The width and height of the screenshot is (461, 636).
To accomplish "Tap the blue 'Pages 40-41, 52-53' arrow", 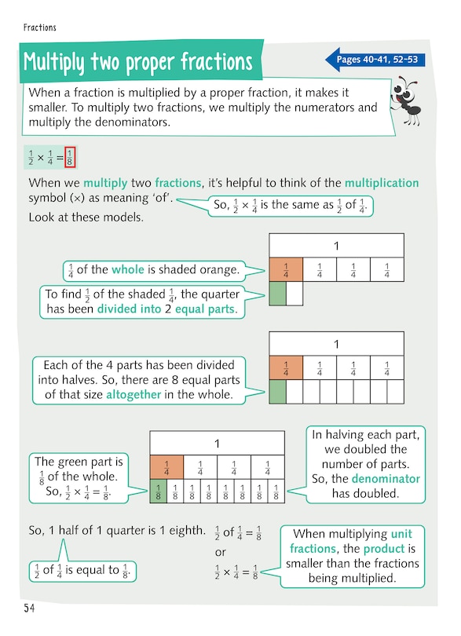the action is (x=375, y=60).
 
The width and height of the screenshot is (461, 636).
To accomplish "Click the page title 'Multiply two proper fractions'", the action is (x=138, y=61).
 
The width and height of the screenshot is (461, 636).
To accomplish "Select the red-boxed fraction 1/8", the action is (x=69, y=156).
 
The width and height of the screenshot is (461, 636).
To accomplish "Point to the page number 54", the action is (x=29, y=608).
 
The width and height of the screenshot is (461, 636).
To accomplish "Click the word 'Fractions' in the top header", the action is (x=40, y=27).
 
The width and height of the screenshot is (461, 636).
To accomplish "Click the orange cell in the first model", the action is (x=285, y=270).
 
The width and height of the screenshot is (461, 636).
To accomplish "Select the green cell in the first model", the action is (x=277, y=294).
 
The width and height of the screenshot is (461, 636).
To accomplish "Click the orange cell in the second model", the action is (x=286, y=368).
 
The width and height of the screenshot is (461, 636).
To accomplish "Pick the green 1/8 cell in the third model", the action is (x=157, y=492).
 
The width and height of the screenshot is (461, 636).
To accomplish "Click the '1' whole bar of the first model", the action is (x=336, y=246).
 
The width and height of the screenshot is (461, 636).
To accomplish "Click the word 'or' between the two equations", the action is (x=221, y=554).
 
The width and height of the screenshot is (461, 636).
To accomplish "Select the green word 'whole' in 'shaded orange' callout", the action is (x=128, y=270).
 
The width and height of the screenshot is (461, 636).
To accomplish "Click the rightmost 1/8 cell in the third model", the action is (x=276, y=492).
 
